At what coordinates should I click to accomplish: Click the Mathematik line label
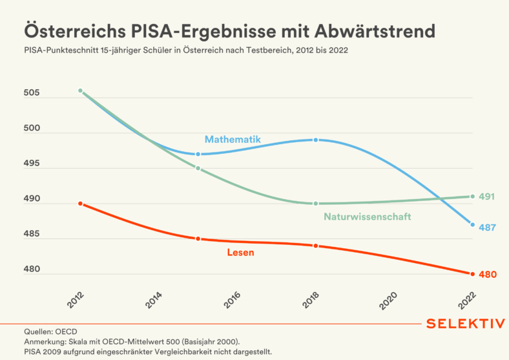[233, 140]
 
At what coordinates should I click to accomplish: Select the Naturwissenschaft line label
[368, 217]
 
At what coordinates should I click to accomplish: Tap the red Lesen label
[240, 253]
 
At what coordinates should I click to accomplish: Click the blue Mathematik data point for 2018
[315, 140]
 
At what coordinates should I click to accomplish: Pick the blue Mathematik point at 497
[198, 154]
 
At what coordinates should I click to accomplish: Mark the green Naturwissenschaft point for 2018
[315, 204]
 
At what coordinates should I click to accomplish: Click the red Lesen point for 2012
[81, 204]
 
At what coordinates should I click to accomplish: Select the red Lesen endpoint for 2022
[472, 274]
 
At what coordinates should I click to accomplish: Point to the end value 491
[487, 196]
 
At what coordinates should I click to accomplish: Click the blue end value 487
[487, 228]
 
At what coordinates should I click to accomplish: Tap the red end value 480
[488, 275]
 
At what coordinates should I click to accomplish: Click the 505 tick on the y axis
[32, 92]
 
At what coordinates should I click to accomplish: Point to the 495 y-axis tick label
[32, 163]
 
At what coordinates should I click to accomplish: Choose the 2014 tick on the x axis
[154, 300]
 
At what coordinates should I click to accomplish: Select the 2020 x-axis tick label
[388, 301]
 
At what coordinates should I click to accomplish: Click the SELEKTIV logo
[466, 324]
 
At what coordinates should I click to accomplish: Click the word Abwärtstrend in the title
[375, 31]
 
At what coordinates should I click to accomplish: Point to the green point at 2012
[81, 90]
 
